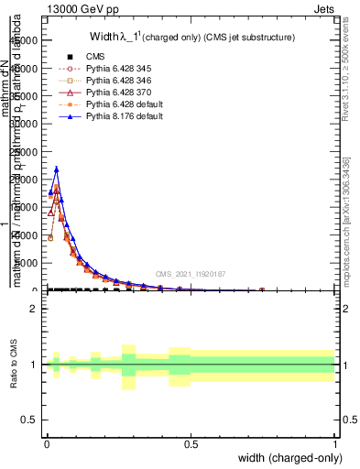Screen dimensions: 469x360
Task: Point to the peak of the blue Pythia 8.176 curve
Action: click(56, 169)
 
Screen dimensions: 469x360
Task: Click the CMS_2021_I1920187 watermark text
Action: click(190, 274)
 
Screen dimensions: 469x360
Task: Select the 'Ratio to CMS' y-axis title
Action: click(14, 365)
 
